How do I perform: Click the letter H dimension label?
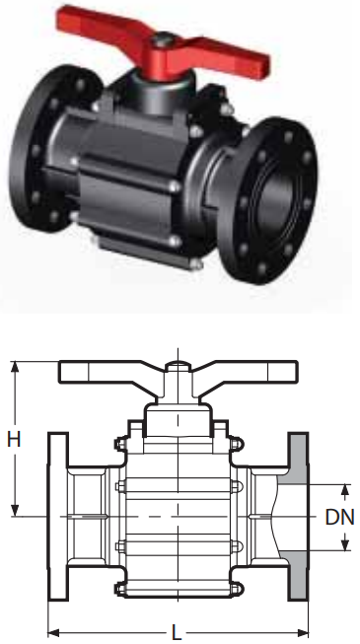coord(14,440)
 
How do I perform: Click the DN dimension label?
coord(339,517)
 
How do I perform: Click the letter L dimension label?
coord(177,633)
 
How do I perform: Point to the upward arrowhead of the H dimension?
coord(15,367)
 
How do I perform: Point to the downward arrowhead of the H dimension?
coord(15,510)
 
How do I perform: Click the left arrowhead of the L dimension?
coord(54,632)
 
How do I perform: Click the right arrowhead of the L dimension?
coord(303,632)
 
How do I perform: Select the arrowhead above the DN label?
coord(345,490)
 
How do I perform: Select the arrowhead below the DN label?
coord(345,544)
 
